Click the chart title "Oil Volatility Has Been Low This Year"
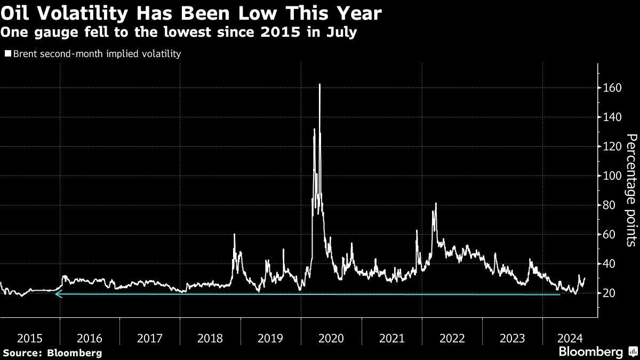point(191,13)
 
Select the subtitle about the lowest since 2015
point(179,32)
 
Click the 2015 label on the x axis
point(29,338)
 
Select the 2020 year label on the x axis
point(331,338)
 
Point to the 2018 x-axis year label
point(210,338)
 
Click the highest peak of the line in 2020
point(319,84)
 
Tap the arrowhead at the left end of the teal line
point(58,294)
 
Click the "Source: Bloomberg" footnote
point(52,353)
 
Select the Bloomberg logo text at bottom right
point(590,352)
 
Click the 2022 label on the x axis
point(451,338)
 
